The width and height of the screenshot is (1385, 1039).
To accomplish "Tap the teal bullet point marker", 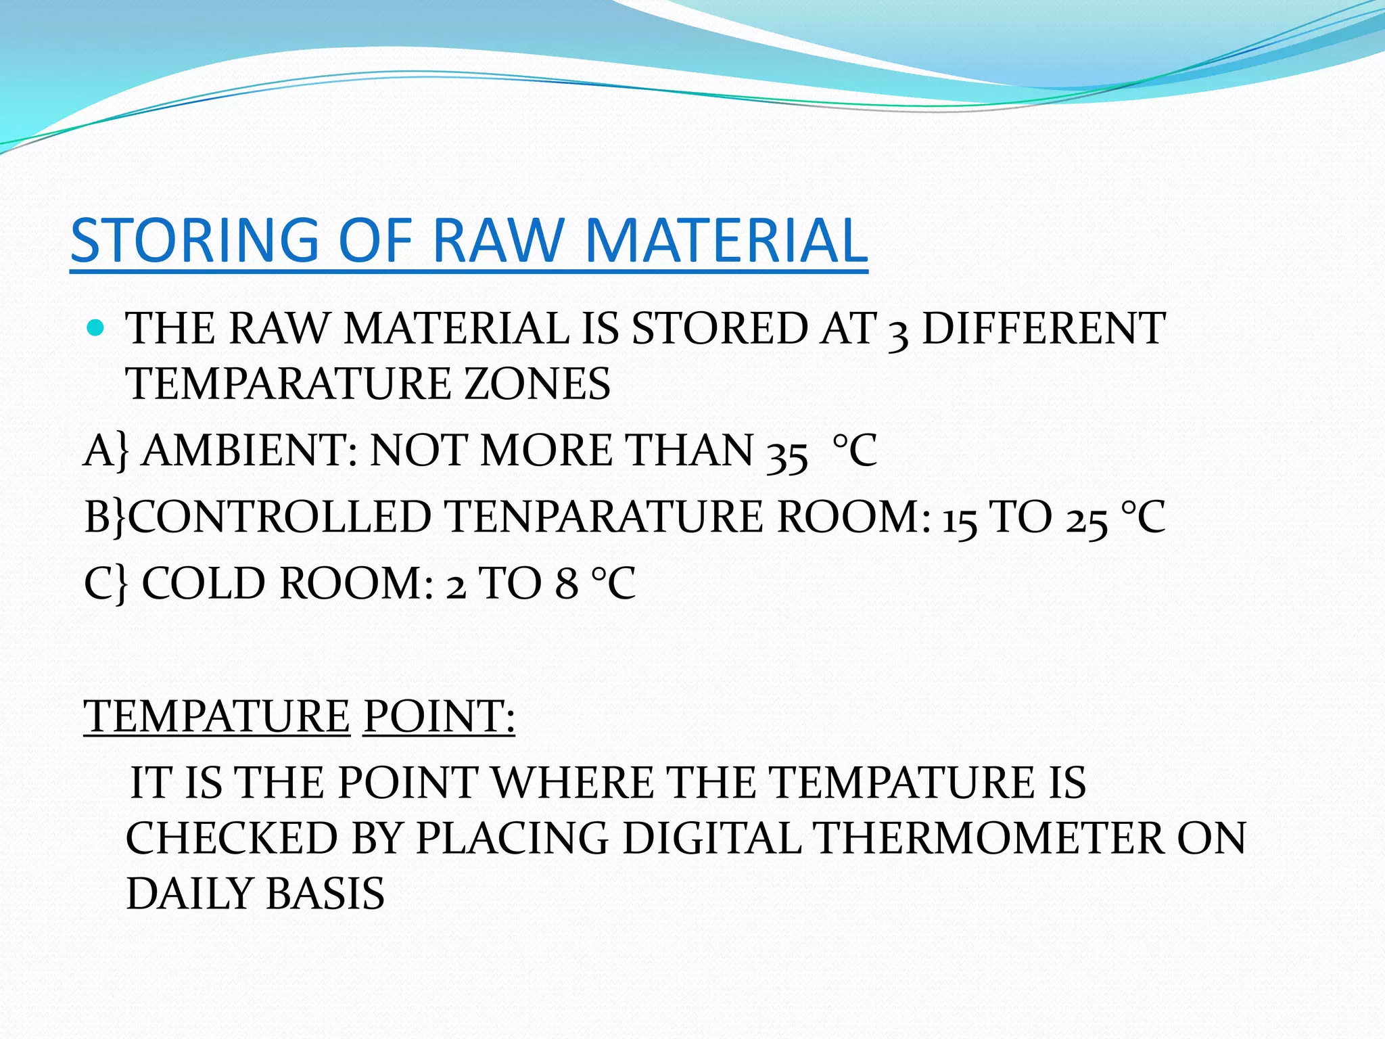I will [x=96, y=329].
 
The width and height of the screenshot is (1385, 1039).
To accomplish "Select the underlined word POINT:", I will [x=439, y=716].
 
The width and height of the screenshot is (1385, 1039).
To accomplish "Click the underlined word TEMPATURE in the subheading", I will [x=217, y=716].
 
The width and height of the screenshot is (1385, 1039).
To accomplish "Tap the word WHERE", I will [x=572, y=783].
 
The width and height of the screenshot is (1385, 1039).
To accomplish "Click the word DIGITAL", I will [x=711, y=839].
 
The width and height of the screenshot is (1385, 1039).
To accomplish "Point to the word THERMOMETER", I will [x=987, y=839].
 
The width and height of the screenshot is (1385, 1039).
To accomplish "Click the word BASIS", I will [x=325, y=894].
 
